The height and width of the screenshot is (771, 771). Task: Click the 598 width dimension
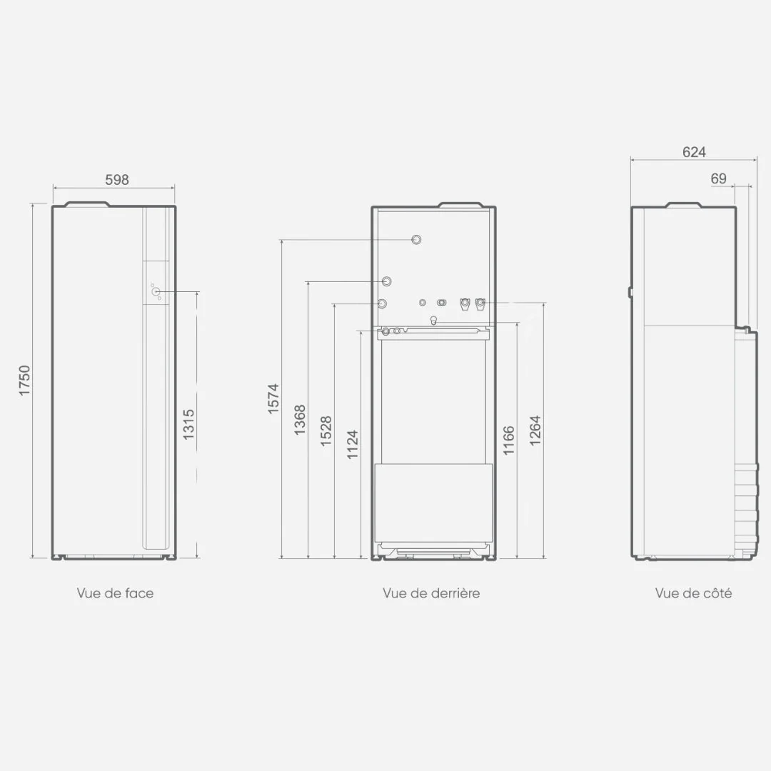click(x=117, y=179)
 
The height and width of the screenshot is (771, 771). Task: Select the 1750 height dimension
click(x=24, y=380)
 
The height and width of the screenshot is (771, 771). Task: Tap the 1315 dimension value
click(x=188, y=424)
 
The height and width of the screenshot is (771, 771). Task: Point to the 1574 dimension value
click(x=273, y=398)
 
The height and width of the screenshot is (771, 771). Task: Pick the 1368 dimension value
click(x=300, y=420)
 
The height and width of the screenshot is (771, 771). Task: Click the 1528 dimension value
click(x=326, y=431)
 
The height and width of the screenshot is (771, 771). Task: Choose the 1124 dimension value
click(x=353, y=445)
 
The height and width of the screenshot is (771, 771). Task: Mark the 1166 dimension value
click(x=509, y=440)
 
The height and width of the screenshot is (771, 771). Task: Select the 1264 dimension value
click(x=535, y=430)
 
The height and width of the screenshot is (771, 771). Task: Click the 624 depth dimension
click(x=694, y=152)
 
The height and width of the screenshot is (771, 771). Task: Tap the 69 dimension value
click(x=718, y=178)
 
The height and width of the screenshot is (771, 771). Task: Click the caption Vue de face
click(x=115, y=593)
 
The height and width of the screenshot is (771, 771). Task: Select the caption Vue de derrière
click(x=431, y=593)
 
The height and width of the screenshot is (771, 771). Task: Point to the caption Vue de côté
click(x=693, y=593)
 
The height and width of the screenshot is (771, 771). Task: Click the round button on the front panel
click(x=156, y=291)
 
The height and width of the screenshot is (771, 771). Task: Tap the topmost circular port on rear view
click(x=416, y=239)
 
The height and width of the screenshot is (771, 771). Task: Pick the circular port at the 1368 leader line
click(x=387, y=281)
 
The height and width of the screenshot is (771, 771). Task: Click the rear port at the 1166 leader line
click(x=433, y=321)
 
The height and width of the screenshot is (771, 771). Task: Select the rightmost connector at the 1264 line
click(x=480, y=304)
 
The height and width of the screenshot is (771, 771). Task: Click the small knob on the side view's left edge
click(x=630, y=292)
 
